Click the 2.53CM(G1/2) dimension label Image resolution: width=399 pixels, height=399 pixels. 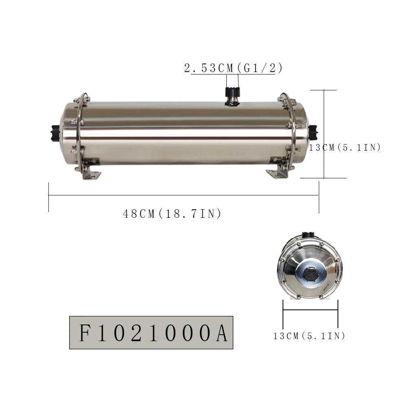[x=233, y=68]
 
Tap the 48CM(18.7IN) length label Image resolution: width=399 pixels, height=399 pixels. [x=172, y=214]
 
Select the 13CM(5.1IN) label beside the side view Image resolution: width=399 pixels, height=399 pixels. [x=345, y=147]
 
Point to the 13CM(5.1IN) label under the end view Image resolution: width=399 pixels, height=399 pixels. [x=309, y=336]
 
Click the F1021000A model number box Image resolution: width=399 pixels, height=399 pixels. [x=151, y=333]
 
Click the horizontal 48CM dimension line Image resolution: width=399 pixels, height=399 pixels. [x=183, y=195]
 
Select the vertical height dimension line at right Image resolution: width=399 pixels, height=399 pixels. [x=324, y=134]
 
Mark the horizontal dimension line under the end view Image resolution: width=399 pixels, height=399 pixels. [x=310, y=310]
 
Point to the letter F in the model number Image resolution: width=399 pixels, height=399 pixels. [x=85, y=333]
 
